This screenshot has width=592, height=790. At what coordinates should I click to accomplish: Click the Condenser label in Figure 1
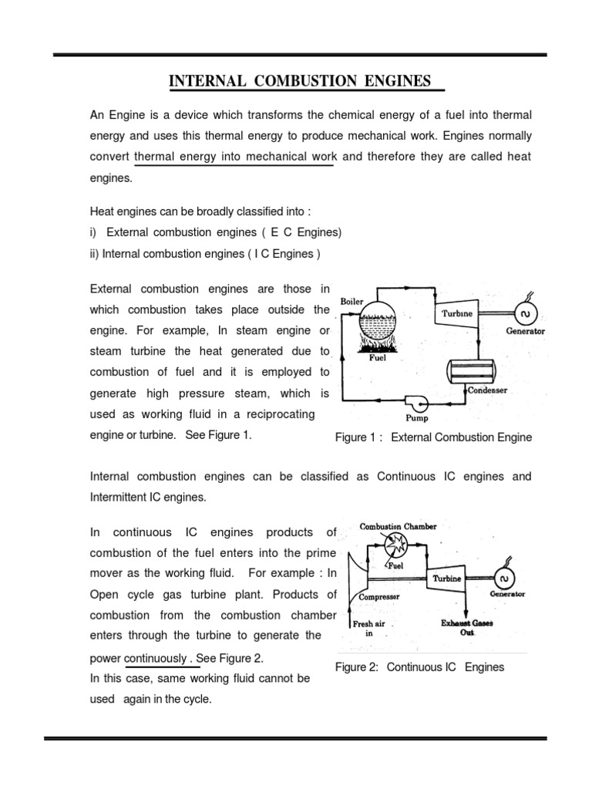487,390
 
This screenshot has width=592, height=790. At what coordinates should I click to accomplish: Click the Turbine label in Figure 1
456,314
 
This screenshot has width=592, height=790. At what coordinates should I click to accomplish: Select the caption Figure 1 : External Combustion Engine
433,437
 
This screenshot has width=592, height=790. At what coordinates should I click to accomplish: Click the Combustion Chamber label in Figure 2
398,526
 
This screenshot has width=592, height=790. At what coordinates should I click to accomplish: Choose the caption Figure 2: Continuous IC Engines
419,667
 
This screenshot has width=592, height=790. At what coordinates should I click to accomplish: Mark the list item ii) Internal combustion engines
205,252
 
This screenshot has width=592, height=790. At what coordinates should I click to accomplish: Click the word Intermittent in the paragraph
121,497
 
